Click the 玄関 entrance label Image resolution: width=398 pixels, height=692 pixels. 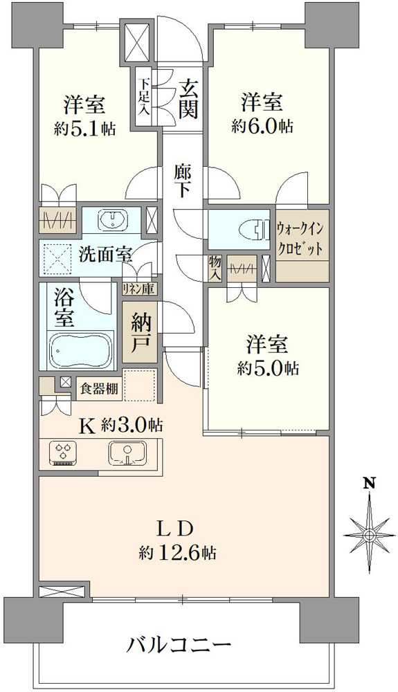(x=188, y=98)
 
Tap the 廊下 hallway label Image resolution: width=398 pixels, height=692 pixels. (x=182, y=181)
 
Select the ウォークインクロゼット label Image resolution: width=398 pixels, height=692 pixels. (x=302, y=239)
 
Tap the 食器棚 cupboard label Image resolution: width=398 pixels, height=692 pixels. (x=100, y=389)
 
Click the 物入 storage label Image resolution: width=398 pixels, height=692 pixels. (x=215, y=266)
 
